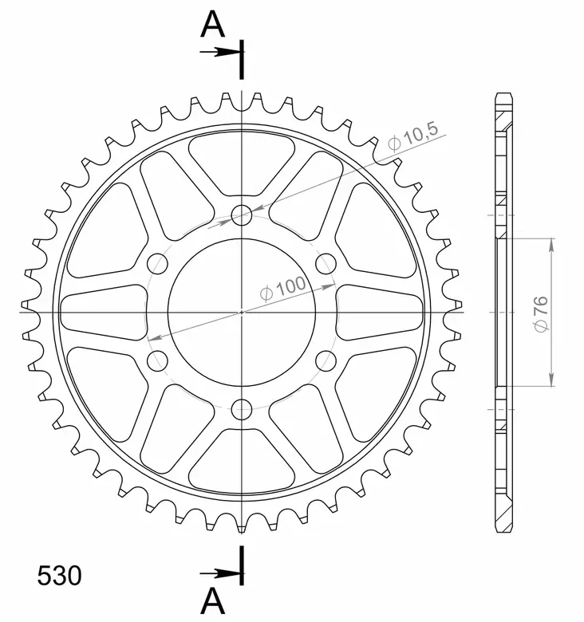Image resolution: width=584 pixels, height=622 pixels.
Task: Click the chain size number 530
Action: (59, 574)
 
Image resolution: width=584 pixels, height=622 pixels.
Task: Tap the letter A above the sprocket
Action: (212, 25)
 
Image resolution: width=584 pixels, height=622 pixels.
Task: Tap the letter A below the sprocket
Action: (212, 600)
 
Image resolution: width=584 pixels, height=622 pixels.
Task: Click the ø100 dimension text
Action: (282, 288)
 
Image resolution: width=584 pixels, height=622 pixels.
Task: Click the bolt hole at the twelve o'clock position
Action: (241, 214)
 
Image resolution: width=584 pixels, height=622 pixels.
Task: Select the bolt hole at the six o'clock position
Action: (241, 410)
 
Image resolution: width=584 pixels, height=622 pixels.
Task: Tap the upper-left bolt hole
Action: (156, 263)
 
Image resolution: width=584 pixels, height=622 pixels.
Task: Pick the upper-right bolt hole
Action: (326, 263)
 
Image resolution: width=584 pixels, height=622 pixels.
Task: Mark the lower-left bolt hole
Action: (156, 360)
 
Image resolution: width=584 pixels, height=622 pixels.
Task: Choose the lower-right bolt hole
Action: (326, 360)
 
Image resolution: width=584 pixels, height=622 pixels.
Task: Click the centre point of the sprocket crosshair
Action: (241, 312)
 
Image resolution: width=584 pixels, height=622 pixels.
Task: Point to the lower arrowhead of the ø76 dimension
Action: (550, 381)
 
